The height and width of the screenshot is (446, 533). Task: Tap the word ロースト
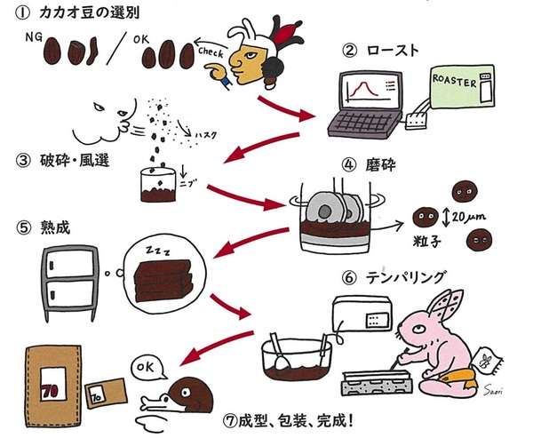point(391,50)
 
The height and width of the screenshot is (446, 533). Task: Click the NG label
point(33,38)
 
